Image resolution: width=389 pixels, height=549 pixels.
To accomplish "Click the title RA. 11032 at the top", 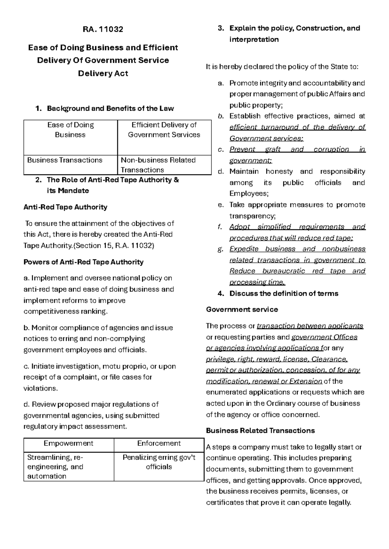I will (x=103, y=29).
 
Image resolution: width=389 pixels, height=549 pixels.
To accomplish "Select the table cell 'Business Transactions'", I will (x=65, y=160).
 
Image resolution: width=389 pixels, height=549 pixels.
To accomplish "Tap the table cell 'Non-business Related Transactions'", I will (x=158, y=165).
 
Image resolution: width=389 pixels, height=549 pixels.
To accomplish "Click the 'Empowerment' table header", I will (x=68, y=443).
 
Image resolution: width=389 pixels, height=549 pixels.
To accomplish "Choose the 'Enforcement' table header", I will (x=159, y=443).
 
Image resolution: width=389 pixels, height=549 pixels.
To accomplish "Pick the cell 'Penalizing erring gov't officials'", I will (x=159, y=462).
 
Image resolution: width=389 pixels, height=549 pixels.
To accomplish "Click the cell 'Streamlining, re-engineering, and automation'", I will (x=55, y=467).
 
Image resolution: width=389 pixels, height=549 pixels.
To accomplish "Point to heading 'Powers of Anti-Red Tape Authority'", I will (x=83, y=262).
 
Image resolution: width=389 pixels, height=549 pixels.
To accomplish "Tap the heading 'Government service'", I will (x=242, y=309).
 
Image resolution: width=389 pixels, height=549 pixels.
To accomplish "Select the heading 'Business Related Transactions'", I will (x=260, y=431).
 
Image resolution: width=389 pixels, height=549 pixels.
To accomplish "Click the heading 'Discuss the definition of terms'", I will (x=284, y=294).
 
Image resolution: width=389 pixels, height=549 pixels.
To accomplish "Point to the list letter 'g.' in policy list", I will (x=221, y=249).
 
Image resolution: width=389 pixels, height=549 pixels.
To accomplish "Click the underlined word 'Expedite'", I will (x=244, y=249).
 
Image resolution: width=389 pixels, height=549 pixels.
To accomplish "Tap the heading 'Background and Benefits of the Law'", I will (x=110, y=108).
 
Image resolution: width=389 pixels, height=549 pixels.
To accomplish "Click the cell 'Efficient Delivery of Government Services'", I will (x=164, y=130).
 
